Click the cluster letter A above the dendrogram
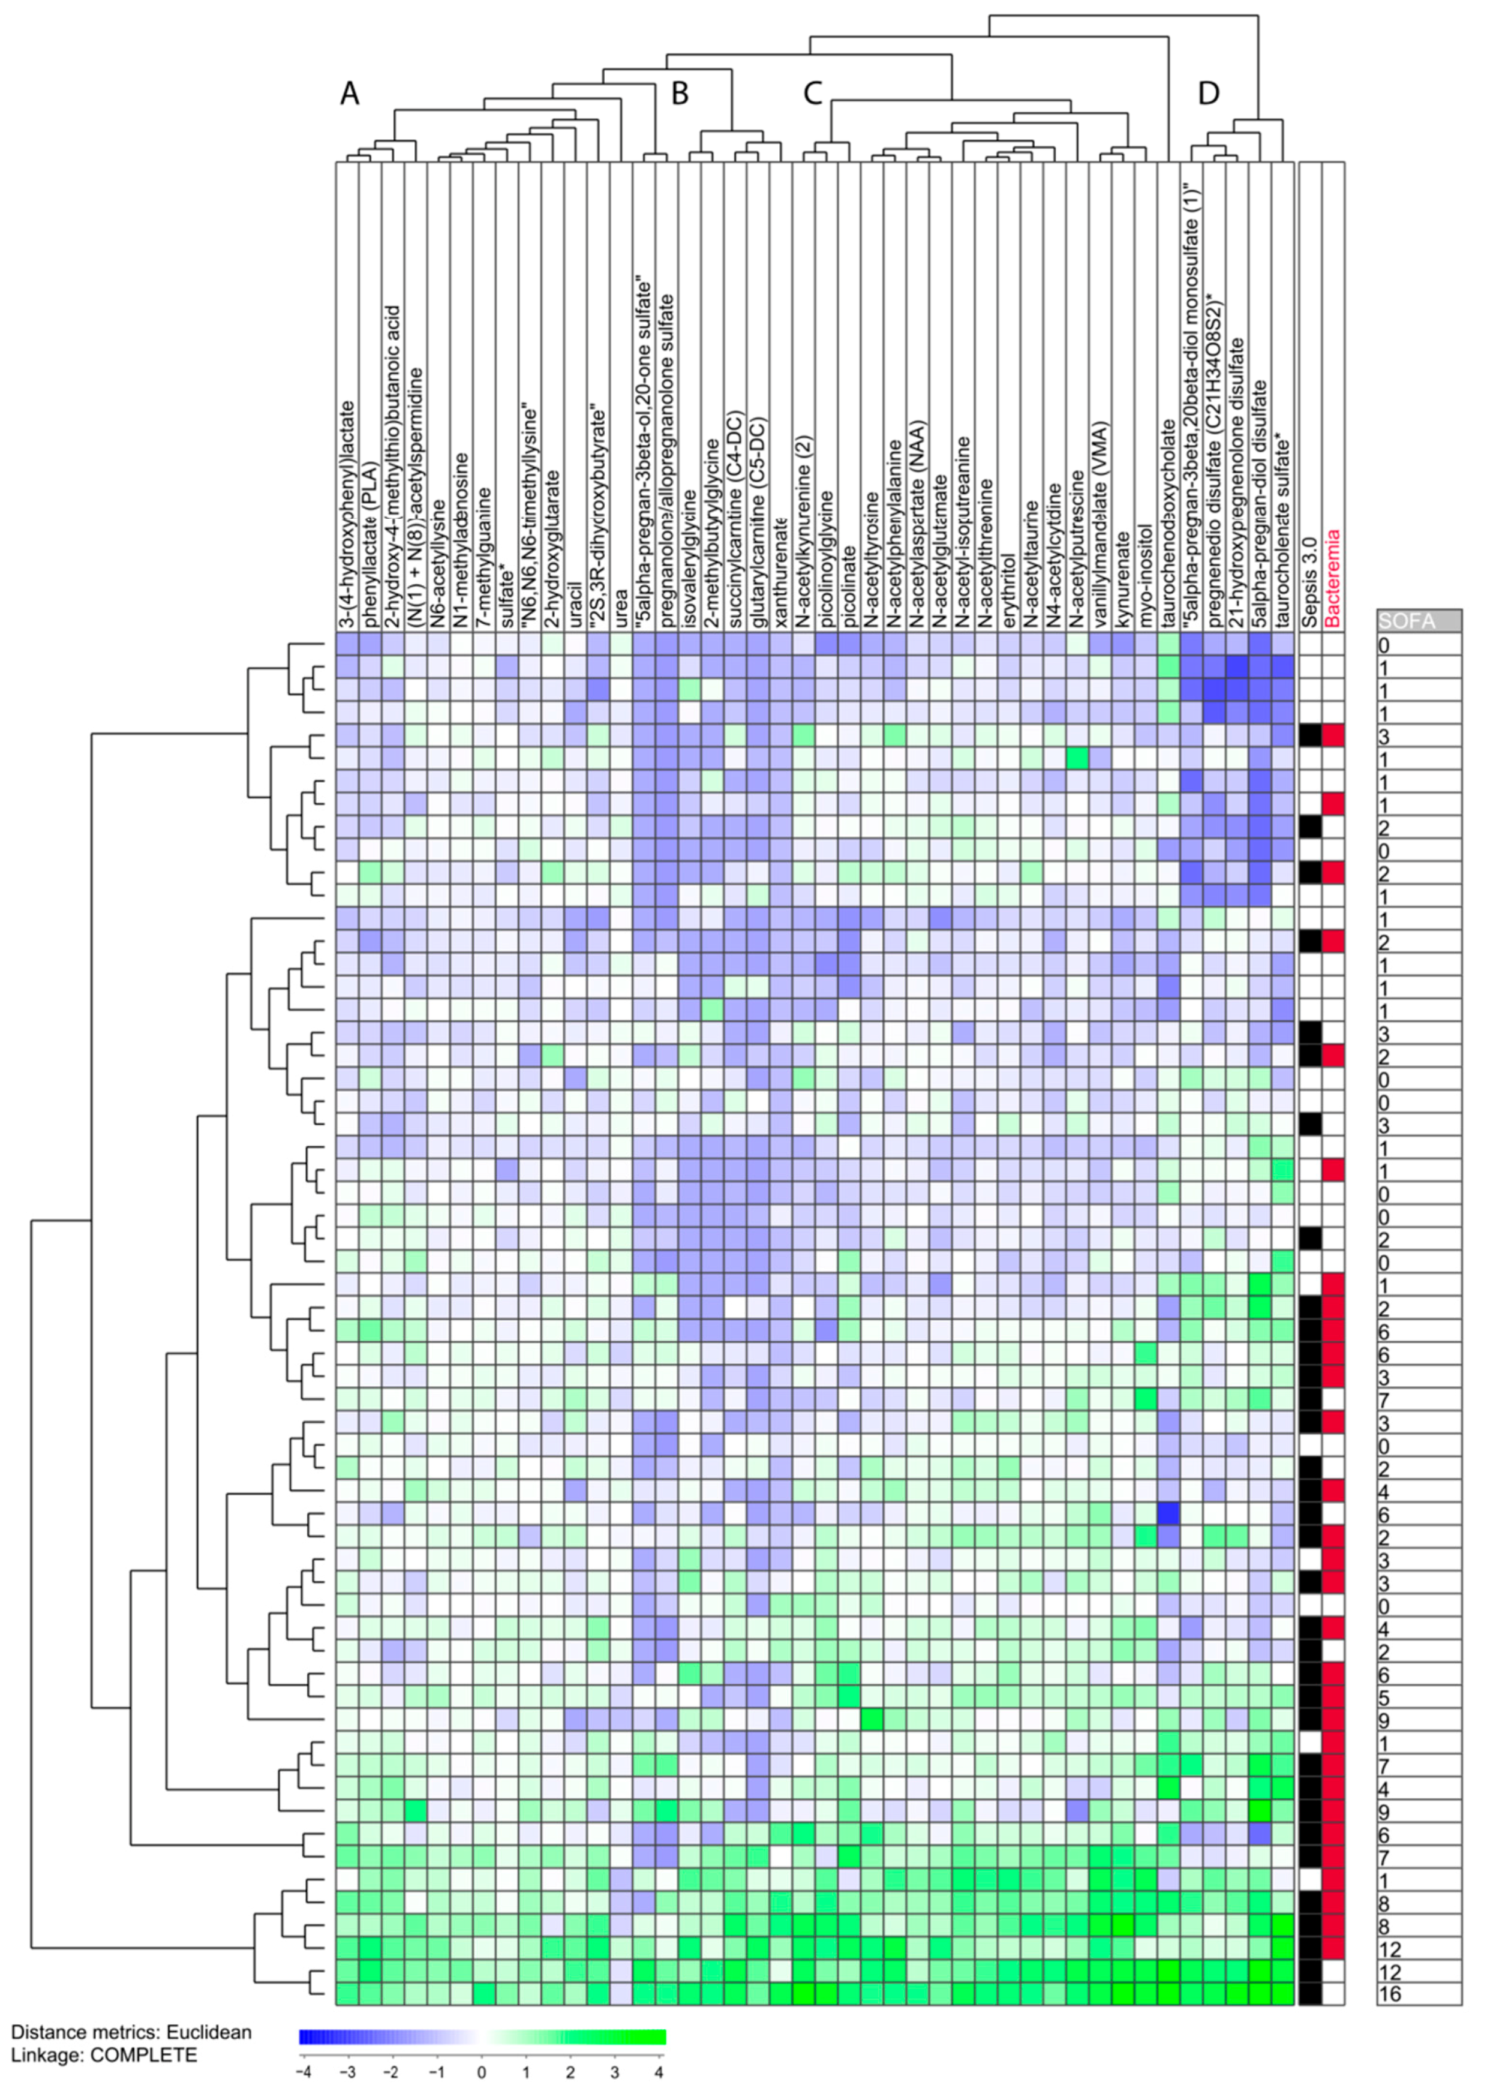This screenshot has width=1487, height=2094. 350,94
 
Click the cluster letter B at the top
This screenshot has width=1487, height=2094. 680,94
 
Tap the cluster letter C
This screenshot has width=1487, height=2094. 812,94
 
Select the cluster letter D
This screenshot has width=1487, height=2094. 1209,94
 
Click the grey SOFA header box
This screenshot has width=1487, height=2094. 1419,621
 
